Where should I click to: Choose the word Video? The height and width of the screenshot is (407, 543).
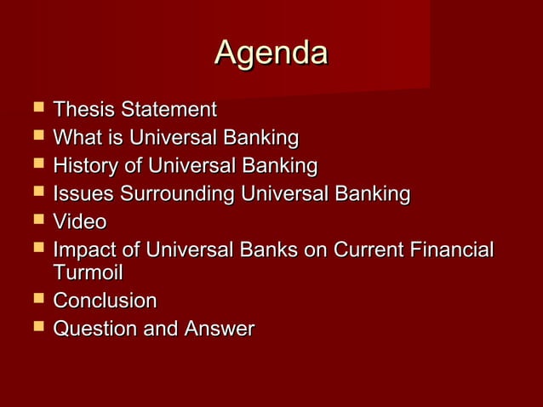(x=79, y=222)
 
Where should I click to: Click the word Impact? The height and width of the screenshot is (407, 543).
(x=86, y=251)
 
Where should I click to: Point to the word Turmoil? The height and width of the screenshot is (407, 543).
(x=88, y=273)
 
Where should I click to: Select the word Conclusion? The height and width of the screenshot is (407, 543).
(x=105, y=301)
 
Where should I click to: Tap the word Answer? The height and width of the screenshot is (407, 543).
(x=219, y=329)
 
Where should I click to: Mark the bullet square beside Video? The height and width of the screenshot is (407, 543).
(x=37, y=221)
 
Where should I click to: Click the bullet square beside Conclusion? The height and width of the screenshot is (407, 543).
(x=37, y=301)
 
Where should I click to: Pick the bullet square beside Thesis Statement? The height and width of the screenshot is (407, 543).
(x=37, y=109)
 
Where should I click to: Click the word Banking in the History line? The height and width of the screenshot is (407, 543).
(x=279, y=165)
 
